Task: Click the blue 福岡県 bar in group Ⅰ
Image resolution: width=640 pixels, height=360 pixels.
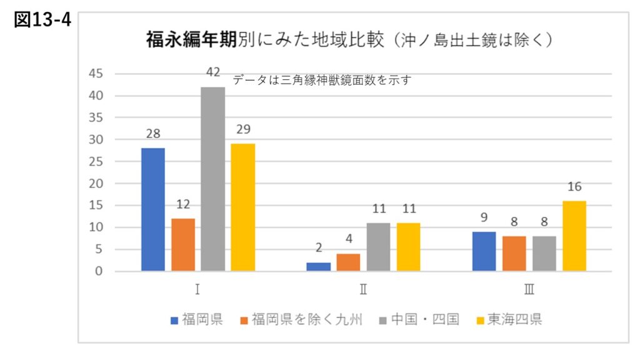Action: [x=153, y=209]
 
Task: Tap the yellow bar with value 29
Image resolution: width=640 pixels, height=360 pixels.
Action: [x=243, y=207]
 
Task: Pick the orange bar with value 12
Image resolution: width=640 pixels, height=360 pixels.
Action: [x=183, y=244]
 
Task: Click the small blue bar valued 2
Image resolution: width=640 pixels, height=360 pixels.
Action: [x=319, y=267]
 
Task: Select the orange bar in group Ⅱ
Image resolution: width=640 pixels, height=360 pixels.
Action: [x=348, y=262]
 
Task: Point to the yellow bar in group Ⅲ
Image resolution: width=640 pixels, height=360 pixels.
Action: [x=574, y=236]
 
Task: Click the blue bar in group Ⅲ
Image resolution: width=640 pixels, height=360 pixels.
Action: [x=484, y=251]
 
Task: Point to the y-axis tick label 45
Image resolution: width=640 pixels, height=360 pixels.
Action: [x=96, y=74]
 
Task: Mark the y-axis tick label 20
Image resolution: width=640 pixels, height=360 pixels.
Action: [x=96, y=184]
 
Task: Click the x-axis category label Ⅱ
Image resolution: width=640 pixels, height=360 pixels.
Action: [x=363, y=290]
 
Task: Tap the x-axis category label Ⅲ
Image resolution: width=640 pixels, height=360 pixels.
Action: [x=529, y=290]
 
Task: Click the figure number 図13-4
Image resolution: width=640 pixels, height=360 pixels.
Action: [x=42, y=20]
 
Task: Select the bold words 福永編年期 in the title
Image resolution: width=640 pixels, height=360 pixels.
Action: [x=191, y=41]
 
